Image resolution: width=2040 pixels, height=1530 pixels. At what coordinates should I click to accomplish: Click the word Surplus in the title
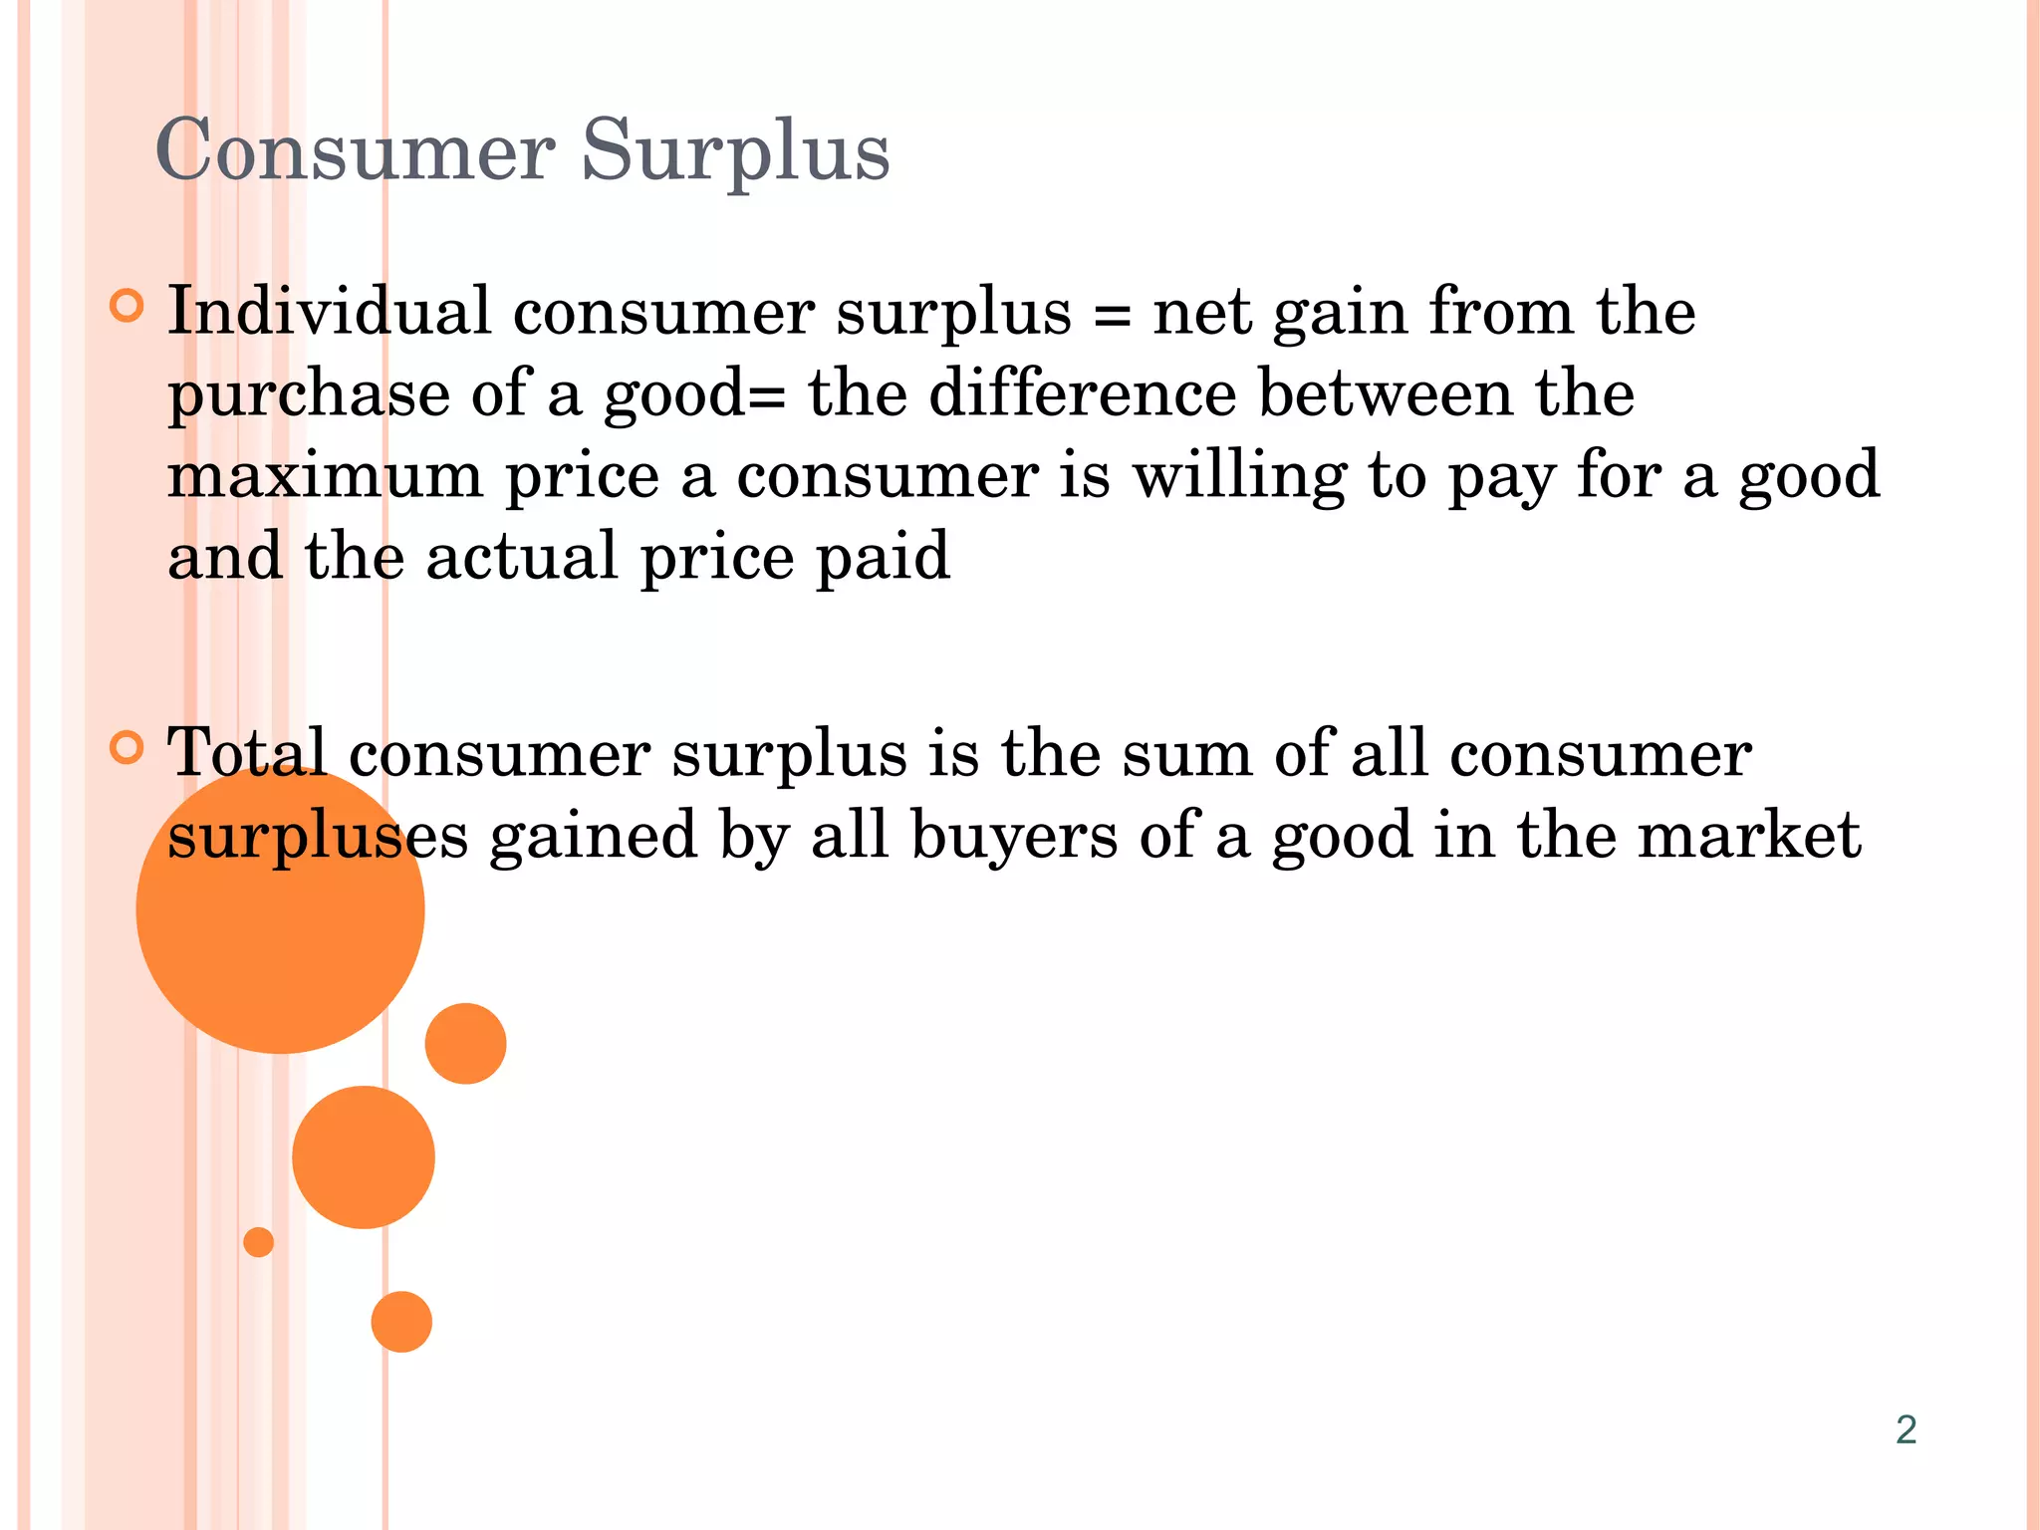[x=735, y=151]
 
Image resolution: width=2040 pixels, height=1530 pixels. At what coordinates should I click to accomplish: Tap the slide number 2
[x=1906, y=1429]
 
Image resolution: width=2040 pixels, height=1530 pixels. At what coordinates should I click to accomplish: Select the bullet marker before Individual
[x=127, y=305]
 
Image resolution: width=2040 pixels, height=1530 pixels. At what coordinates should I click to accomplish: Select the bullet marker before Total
[x=127, y=746]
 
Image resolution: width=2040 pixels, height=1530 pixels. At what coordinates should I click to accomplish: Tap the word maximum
[x=325, y=476]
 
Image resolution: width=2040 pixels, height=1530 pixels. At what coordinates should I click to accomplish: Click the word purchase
[x=309, y=394]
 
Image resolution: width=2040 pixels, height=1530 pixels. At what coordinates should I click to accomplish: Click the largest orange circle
[x=280, y=926]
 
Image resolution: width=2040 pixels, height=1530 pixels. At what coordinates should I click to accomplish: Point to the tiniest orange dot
[x=258, y=1242]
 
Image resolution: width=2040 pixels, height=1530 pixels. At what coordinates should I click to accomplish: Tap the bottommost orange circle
[x=401, y=1322]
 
